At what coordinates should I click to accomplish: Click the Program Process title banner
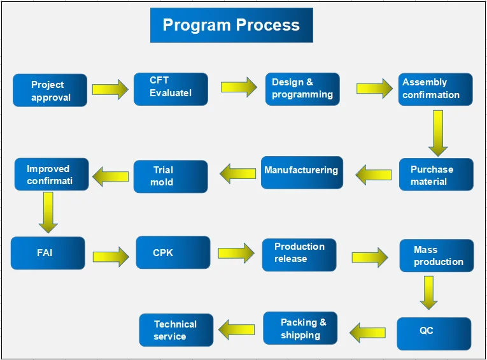(x=231, y=25)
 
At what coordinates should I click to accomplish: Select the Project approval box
(x=50, y=90)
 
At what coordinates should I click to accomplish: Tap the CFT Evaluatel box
(x=171, y=89)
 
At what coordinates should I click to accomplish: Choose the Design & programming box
(x=302, y=89)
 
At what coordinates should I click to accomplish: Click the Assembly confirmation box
(x=436, y=89)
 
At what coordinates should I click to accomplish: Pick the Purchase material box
(x=436, y=175)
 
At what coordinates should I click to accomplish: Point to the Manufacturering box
(x=302, y=172)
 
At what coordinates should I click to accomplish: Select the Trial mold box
(x=170, y=176)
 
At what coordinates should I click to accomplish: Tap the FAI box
(x=48, y=253)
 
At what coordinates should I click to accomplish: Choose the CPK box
(x=173, y=252)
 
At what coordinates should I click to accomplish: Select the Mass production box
(x=437, y=256)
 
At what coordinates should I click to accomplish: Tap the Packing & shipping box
(x=300, y=328)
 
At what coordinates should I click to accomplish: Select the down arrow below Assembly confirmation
(x=437, y=133)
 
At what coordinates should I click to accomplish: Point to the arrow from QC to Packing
(x=367, y=332)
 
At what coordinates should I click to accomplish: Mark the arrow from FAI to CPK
(x=110, y=257)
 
